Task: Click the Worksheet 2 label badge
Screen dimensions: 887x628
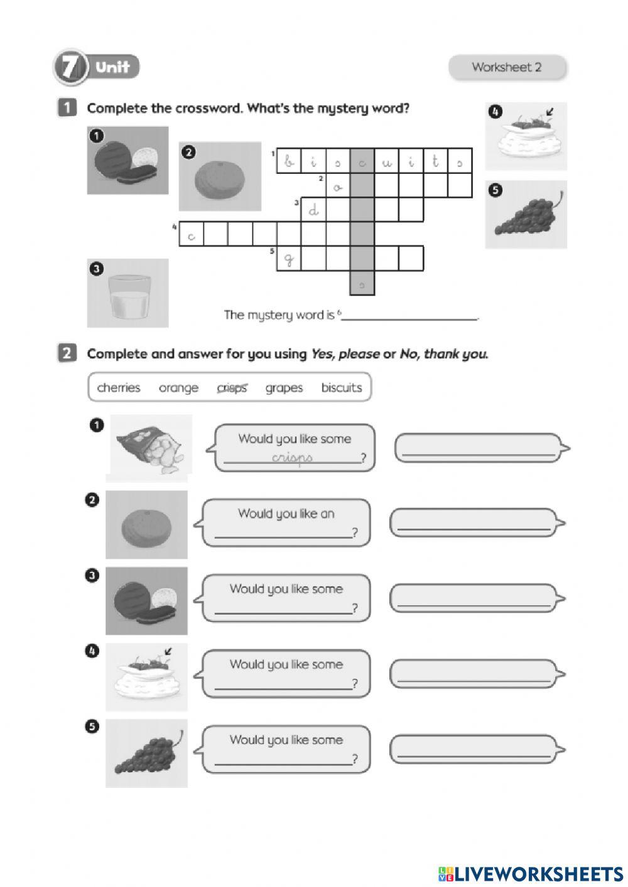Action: pos(507,67)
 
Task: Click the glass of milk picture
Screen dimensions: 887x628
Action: pos(128,293)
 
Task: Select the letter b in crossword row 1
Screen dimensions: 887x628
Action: pos(289,161)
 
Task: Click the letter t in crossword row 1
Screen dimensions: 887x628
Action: pos(435,161)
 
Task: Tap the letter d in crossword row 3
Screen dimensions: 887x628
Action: pos(313,210)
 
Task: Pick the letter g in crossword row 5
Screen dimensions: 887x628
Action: pos(289,259)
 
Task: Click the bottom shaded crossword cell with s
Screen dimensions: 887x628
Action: pos(362,284)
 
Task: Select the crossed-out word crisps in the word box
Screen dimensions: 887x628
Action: pos(232,388)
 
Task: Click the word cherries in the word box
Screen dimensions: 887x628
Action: pos(119,388)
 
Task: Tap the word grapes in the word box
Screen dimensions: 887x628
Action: pos(284,388)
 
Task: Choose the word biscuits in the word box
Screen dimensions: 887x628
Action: pos(342,388)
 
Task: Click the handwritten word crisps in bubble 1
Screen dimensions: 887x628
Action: pos(292,458)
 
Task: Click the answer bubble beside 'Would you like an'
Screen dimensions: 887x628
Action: pos(474,523)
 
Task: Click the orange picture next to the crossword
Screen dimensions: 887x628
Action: pos(220,176)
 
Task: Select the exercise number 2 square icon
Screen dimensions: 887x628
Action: pos(67,353)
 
